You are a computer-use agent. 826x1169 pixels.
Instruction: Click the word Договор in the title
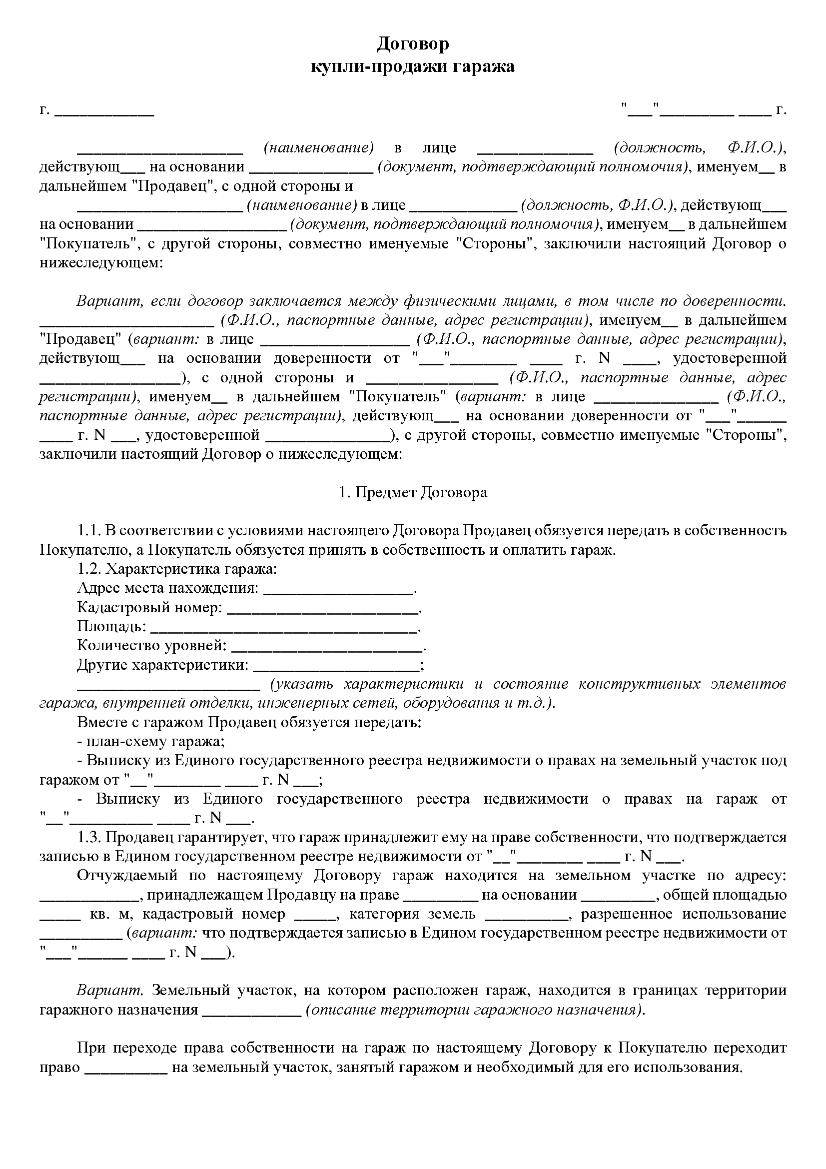coord(413,44)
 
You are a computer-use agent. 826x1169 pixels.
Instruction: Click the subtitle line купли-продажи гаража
coord(413,66)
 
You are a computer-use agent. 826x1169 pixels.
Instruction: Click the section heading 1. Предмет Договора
coord(413,492)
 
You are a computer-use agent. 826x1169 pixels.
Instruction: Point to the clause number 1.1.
coord(89,531)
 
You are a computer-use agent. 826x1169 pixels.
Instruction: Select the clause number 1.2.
coord(89,569)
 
